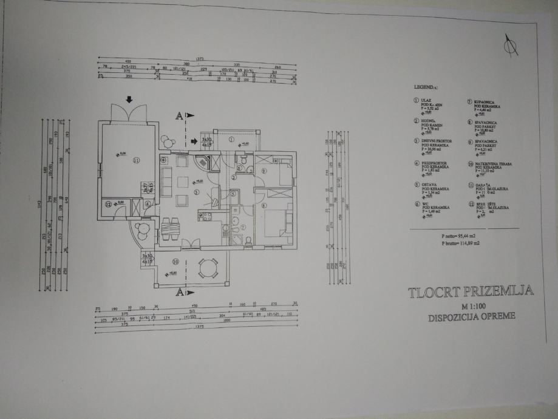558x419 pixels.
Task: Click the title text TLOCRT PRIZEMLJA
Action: point(471,292)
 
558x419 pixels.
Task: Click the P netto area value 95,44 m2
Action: point(457,234)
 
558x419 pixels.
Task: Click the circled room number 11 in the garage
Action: point(137,160)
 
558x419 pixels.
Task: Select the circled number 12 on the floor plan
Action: point(108,204)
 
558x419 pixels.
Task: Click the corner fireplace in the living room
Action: point(203,162)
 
